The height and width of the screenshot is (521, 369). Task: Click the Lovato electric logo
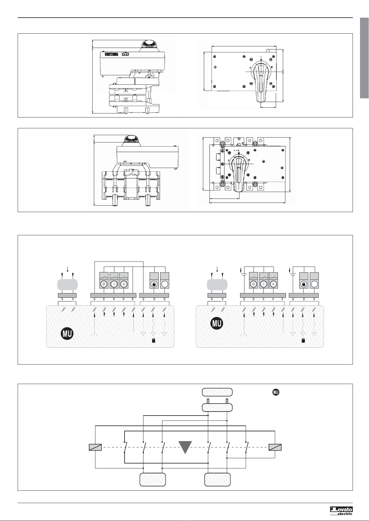341,511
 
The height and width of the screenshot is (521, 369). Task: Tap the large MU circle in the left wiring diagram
67,334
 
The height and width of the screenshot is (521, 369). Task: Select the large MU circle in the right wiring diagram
217,323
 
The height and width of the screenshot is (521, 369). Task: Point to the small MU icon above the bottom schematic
276,392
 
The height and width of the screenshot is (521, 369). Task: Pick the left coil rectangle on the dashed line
95,447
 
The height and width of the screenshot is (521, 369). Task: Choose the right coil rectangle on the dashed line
275,447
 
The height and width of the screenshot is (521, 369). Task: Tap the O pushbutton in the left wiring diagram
104,284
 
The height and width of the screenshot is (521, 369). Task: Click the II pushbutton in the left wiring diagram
124,284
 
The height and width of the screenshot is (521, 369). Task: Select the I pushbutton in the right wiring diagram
263,284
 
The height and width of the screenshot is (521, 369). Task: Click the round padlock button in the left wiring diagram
154,284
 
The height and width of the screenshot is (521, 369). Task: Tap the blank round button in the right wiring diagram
314,284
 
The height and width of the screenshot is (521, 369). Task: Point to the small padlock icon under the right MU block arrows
303,341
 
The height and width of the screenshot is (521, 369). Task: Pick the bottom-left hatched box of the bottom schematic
152,479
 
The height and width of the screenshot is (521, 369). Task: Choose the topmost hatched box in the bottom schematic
217,392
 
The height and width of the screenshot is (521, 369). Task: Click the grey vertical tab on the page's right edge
364,58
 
